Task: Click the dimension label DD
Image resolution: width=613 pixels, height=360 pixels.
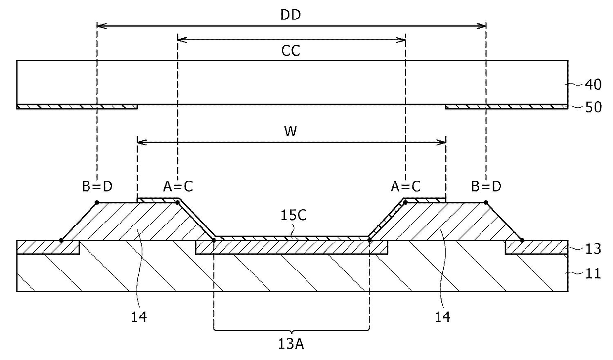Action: coord(290,15)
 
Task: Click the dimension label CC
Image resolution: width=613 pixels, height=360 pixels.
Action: coord(290,51)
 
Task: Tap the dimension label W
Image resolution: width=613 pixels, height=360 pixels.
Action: coord(290,131)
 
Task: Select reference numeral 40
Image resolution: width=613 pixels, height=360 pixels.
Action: coord(593,85)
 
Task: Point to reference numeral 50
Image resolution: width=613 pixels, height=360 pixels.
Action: coord(593,107)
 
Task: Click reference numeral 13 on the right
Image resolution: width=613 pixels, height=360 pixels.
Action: coord(593,249)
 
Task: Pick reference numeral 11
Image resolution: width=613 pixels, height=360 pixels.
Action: coord(593,273)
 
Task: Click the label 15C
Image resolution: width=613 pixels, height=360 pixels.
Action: coord(293,216)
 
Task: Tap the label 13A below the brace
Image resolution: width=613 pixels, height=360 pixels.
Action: coord(291,344)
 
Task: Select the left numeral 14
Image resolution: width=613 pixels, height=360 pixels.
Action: coord(139,317)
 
